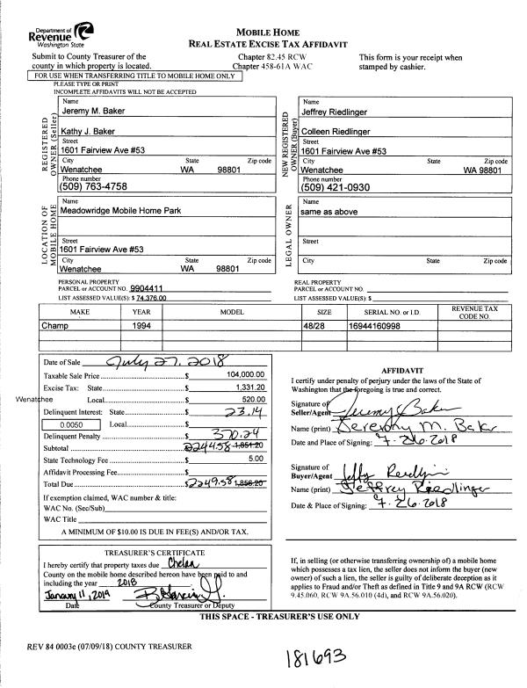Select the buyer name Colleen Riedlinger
pos(342,132)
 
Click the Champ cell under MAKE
pos(54,324)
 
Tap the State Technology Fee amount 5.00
pos(256,458)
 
